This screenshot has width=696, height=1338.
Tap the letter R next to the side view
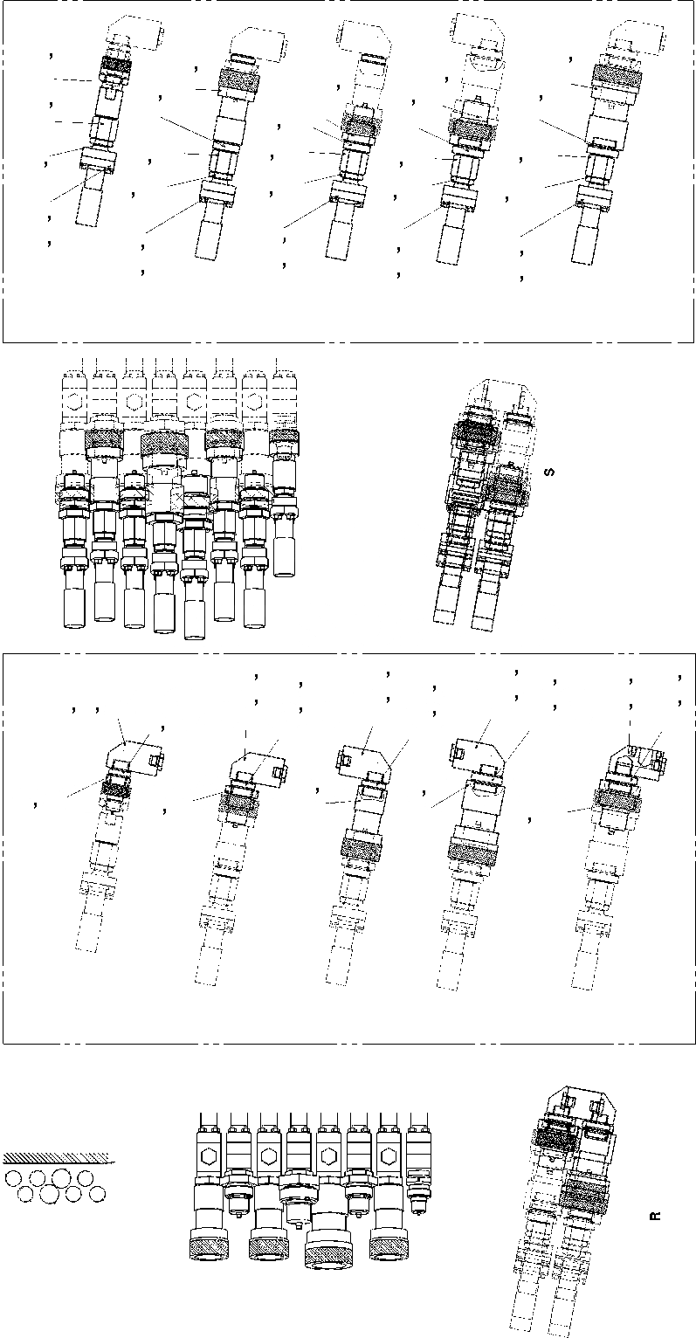pyautogui.click(x=656, y=1215)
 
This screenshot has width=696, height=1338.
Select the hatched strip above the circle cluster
pyautogui.click(x=56, y=1159)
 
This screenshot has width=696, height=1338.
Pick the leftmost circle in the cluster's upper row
pyautogui.click(x=13, y=1178)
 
